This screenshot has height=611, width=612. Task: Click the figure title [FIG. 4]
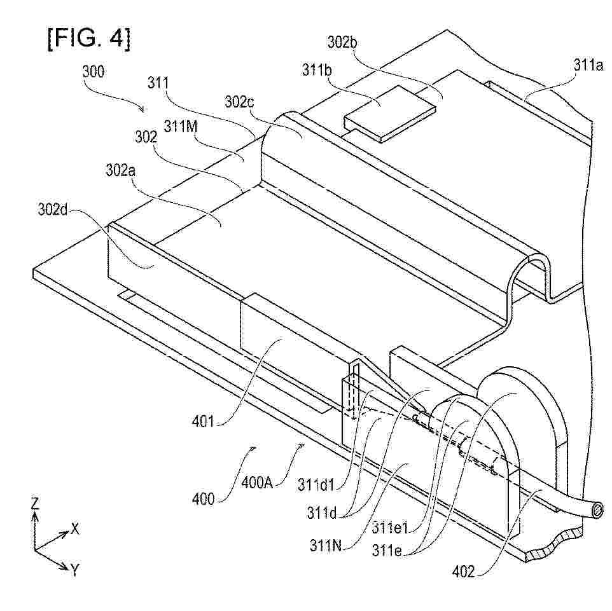point(89,39)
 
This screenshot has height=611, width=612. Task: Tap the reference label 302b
point(342,42)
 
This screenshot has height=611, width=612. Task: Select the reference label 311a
point(588,65)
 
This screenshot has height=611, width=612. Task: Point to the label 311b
point(317,70)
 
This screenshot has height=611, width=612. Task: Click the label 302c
point(239,102)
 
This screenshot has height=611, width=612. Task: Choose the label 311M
point(181,126)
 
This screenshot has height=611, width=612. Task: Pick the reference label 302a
point(121,170)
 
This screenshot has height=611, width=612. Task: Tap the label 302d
point(53,210)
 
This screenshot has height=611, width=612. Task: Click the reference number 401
point(203,422)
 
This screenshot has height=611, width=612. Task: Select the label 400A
point(256,483)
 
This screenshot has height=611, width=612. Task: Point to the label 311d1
point(316,484)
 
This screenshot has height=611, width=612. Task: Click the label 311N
point(326,546)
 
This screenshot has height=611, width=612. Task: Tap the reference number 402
point(463,572)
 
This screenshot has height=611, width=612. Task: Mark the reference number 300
point(94,72)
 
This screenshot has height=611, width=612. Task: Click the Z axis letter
point(35,504)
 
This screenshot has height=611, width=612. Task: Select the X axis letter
point(75,529)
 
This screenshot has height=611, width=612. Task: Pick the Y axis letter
point(75,570)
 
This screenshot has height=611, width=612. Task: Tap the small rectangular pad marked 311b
point(389,113)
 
